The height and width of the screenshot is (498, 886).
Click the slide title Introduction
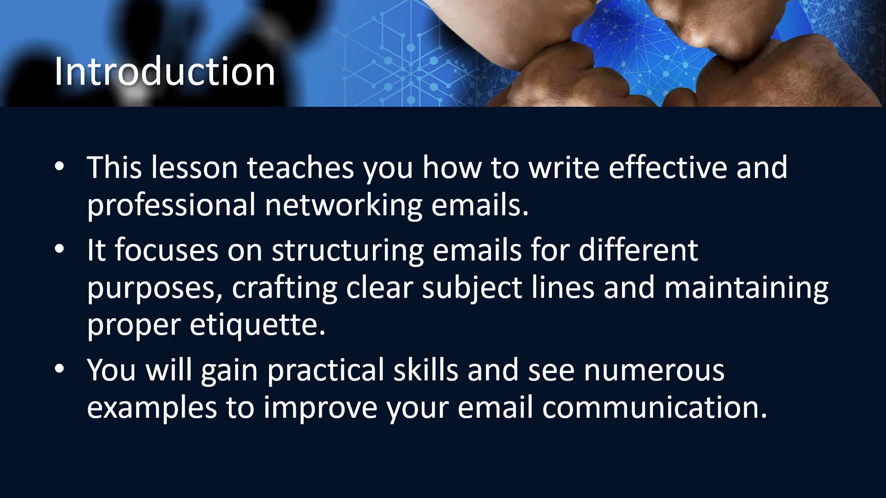pos(165,71)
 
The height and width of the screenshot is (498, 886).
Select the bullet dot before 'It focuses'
pos(60,249)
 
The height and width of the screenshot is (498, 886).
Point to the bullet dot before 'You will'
pos(60,369)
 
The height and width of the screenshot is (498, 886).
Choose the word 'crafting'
pos(284,288)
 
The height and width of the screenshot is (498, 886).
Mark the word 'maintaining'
pos(746,288)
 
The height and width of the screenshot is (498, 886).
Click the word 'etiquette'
pos(257,326)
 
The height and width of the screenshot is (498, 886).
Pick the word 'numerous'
pos(654,371)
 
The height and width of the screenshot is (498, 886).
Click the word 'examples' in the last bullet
pos(152,409)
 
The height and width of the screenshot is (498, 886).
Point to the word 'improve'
pos(320,409)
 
